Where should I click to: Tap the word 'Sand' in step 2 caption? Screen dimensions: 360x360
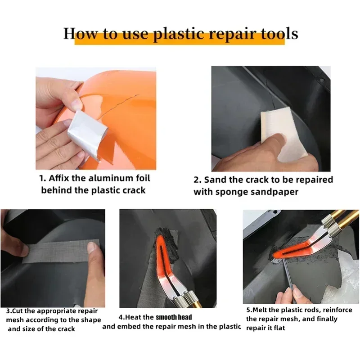215,180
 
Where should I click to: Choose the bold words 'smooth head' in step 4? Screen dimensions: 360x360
174,317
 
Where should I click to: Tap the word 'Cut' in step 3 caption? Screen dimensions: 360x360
19,311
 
